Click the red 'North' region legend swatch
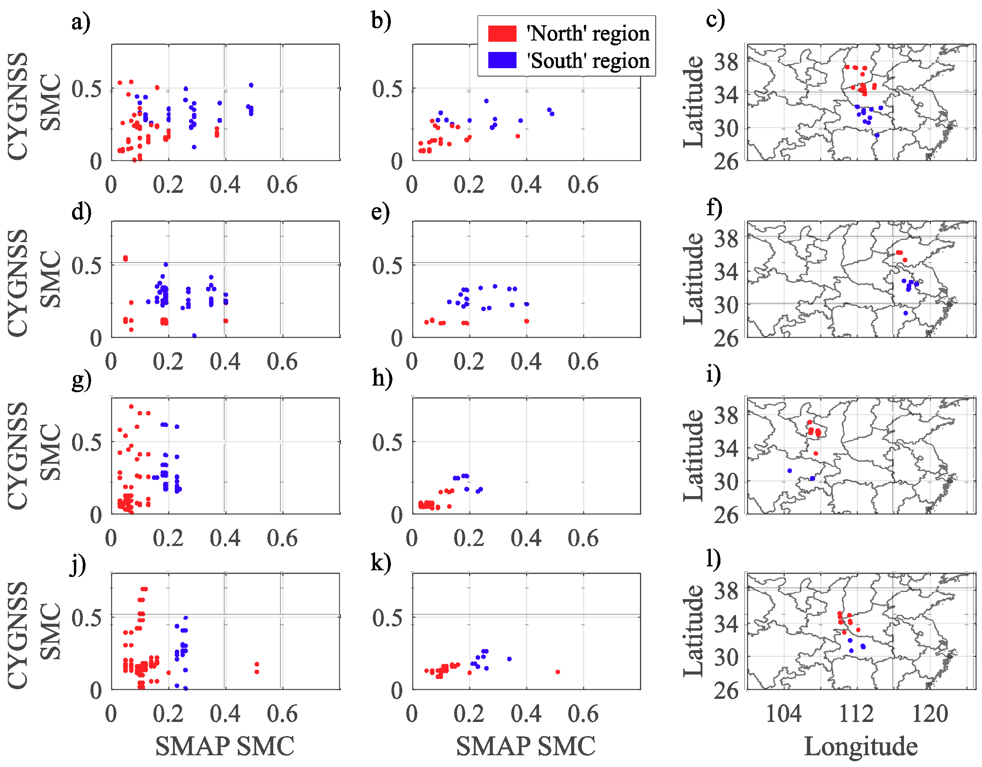pyautogui.click(x=502, y=34)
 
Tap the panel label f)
pyautogui.click(x=714, y=208)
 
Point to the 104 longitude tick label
pyautogui.click(x=783, y=714)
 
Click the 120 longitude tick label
pyautogui.click(x=929, y=714)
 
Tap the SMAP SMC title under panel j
pyautogui.click(x=225, y=746)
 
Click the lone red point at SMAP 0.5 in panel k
pyautogui.click(x=558, y=672)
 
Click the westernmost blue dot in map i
pyautogui.click(x=790, y=471)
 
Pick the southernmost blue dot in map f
pyautogui.click(x=905, y=313)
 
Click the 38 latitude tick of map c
pyautogui.click(x=726, y=62)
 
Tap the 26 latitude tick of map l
pyautogui.click(x=726, y=690)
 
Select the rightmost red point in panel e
pyautogui.click(x=526, y=321)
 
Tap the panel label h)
pyautogui.click(x=382, y=379)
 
